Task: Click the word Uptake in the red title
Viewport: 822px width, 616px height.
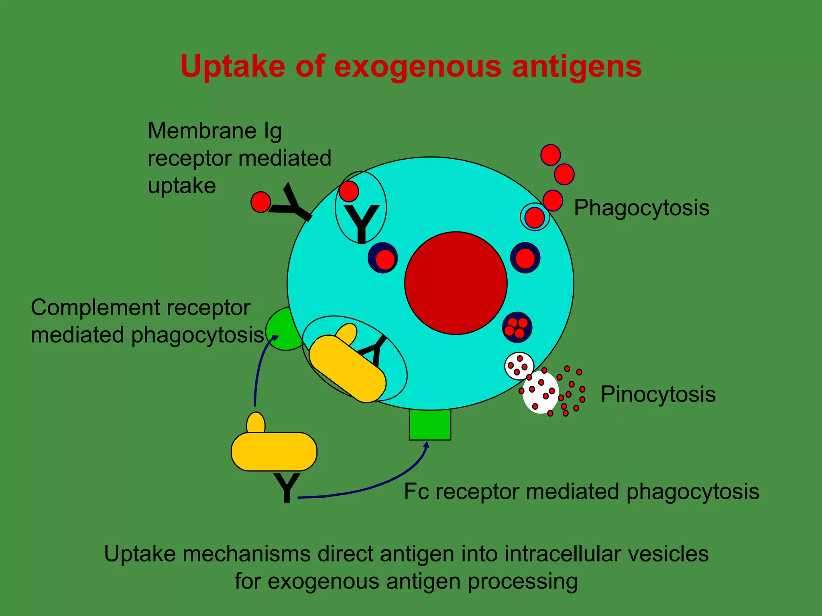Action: coord(233,66)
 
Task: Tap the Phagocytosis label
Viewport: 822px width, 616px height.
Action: coord(641,208)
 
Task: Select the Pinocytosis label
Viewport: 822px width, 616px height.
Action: coord(658,394)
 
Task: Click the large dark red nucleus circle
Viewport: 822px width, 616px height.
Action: coord(456,283)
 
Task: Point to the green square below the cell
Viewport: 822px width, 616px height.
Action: coord(430,425)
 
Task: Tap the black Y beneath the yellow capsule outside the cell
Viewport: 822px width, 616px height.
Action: coord(286,488)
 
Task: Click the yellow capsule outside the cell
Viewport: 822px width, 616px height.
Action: coord(274,451)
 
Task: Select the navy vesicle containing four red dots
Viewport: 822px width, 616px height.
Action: coord(517,327)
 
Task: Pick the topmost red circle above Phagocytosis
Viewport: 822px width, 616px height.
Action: coord(550,155)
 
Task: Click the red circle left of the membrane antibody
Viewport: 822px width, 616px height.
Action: coord(260,202)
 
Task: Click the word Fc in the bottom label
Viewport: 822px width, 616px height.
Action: coord(416,492)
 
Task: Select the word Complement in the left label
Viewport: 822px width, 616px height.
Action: coord(95,308)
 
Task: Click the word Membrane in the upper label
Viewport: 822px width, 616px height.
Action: coord(202,131)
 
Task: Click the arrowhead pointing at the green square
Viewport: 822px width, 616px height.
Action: coord(427,444)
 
